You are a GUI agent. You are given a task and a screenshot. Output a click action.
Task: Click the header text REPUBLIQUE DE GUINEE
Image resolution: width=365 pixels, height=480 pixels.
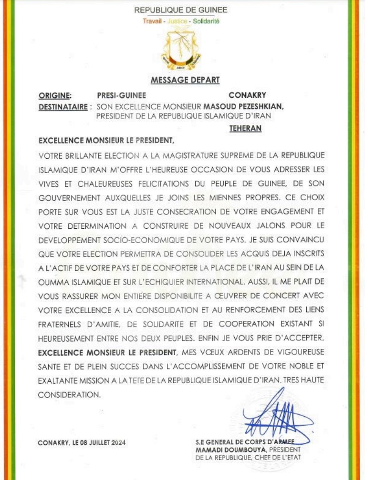pos(180,10)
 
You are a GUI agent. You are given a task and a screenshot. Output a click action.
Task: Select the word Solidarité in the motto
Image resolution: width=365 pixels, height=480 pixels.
pos(206,21)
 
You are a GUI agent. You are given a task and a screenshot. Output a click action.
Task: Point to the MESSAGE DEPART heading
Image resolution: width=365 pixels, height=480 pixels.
pos(185,80)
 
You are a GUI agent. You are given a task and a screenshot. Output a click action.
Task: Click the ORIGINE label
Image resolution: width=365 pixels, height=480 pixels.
pos(55,95)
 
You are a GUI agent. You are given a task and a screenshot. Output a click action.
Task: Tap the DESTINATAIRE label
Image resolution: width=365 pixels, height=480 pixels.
pos(63,107)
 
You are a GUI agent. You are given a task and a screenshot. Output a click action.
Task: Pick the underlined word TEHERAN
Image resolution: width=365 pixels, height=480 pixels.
pos(245,128)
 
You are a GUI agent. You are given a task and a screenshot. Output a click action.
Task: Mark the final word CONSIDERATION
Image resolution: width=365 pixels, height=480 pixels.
pos(69,395)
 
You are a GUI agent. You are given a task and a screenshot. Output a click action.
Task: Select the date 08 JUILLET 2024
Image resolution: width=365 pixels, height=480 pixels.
pos(102,443)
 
